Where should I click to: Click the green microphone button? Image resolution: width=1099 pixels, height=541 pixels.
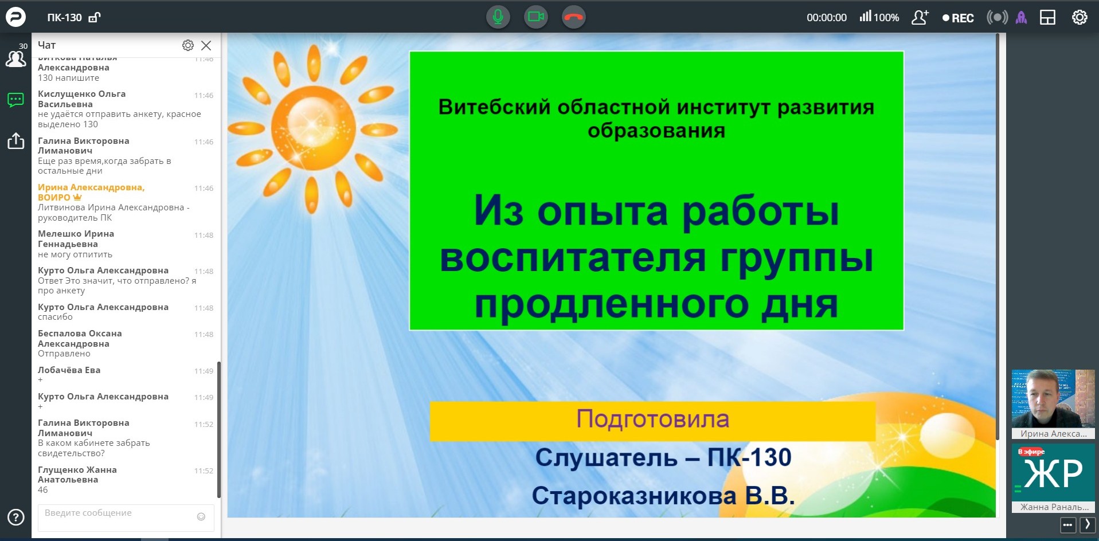tap(498, 17)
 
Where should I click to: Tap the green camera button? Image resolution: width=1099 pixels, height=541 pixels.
tap(535, 17)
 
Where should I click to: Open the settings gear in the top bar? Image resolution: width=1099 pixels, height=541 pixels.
tap(1080, 18)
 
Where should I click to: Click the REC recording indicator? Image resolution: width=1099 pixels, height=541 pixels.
tap(958, 18)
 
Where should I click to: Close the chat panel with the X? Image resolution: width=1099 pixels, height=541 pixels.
tap(206, 45)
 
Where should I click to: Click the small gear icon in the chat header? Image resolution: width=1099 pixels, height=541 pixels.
tap(188, 45)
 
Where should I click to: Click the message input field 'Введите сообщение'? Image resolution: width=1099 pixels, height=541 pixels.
tap(118, 518)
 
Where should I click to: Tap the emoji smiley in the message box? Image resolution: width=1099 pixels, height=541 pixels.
tap(201, 516)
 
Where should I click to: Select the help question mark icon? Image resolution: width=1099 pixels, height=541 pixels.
tap(16, 518)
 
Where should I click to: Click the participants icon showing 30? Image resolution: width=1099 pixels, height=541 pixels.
tap(15, 56)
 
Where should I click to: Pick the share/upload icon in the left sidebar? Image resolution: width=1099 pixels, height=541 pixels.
tap(16, 140)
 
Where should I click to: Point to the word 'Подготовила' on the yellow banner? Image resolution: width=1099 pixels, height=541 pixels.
tap(652, 419)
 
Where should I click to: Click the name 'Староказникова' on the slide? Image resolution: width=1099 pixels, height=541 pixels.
tap(634, 496)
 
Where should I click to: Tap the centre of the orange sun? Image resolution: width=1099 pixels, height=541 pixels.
tap(312, 128)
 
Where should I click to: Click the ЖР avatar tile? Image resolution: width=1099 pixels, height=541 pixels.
tap(1053, 473)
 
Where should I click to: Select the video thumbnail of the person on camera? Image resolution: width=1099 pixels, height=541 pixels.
tap(1053, 399)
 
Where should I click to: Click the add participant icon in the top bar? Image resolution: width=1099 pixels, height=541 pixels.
tap(920, 17)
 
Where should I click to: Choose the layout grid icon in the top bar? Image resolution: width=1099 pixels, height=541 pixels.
tap(1047, 18)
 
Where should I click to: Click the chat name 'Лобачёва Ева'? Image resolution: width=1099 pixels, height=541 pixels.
tap(69, 370)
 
